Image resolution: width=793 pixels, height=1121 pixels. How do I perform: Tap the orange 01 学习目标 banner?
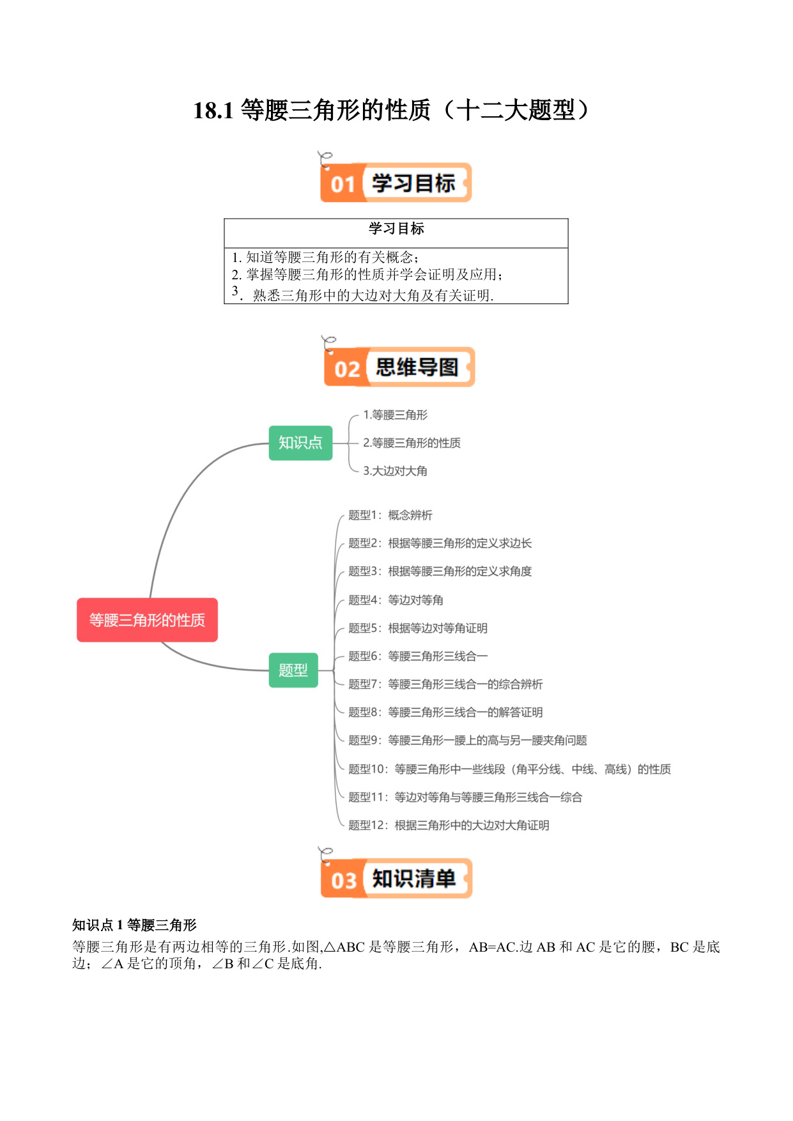[x=396, y=183]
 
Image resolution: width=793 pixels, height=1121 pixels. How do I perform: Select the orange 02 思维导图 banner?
[x=399, y=367]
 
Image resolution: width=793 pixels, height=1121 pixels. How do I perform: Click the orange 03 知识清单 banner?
[x=396, y=878]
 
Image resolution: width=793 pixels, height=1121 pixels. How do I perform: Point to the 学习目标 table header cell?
[x=396, y=229]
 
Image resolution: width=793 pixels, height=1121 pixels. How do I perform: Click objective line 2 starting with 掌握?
[x=367, y=275]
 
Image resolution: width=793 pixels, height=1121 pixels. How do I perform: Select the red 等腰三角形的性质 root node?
[x=147, y=620]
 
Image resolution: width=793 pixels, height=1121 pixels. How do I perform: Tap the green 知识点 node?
[x=300, y=443]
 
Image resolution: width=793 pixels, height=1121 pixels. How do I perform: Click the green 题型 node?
[x=293, y=670]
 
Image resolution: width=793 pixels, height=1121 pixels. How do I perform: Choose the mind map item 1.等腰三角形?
[x=396, y=415]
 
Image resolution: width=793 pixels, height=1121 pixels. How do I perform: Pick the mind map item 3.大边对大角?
[x=396, y=471]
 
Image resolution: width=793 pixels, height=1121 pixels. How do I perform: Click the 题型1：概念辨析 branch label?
[x=390, y=515]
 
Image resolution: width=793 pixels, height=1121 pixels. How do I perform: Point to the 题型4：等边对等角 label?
[x=396, y=600]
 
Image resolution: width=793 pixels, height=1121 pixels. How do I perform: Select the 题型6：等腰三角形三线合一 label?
[x=418, y=656]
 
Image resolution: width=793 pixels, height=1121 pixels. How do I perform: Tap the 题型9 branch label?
[x=468, y=741]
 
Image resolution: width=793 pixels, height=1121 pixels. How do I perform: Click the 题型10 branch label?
[x=510, y=769]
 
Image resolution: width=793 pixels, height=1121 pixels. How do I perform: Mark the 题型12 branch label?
[x=449, y=826]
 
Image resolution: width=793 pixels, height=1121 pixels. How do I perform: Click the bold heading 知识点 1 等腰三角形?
[x=134, y=925]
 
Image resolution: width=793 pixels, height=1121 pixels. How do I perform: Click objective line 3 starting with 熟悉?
[x=363, y=294]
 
